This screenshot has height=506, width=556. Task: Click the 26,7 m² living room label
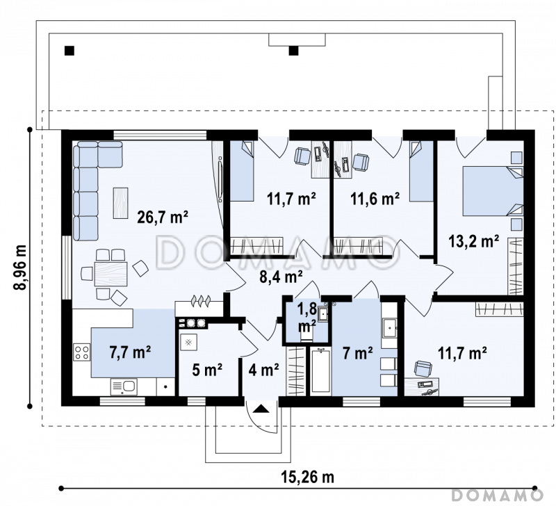[x=163, y=217]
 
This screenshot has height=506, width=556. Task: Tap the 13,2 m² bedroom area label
[x=474, y=241]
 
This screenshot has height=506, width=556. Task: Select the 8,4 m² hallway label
[x=281, y=277]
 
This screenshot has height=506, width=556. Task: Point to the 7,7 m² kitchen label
[x=130, y=352]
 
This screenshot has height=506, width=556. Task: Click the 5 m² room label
[x=207, y=370]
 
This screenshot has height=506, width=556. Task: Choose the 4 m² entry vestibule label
[x=263, y=370]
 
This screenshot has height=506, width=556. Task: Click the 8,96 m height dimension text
[x=21, y=268]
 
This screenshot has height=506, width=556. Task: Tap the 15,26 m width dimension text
[x=308, y=477]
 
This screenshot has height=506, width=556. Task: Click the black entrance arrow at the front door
[x=262, y=409]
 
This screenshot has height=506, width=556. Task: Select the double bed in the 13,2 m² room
[x=493, y=191]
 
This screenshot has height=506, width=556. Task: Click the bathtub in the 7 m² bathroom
[x=320, y=370]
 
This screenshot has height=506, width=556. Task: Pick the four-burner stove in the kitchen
[x=82, y=352]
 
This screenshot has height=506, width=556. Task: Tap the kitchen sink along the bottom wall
[x=124, y=386]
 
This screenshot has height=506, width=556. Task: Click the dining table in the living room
[x=111, y=273]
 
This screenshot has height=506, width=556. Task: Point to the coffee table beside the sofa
[x=120, y=203]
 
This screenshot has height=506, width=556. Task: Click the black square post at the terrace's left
[x=69, y=51]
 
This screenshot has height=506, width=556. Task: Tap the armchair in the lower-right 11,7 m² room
[x=423, y=368]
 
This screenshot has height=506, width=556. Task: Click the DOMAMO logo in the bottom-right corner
[x=498, y=495]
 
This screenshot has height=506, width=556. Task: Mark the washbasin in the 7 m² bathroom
[x=389, y=328]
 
